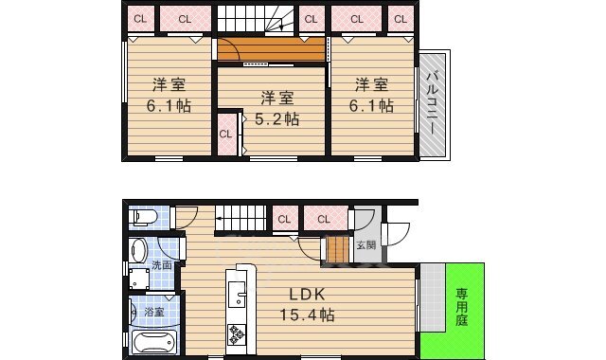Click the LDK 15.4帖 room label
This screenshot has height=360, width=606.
(307, 305)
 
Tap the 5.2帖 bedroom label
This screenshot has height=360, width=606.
(277, 119)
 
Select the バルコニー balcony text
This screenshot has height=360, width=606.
(434, 102)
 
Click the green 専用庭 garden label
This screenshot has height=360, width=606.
(462, 307)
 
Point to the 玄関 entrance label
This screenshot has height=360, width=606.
(366, 244)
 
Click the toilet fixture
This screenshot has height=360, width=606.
(143, 217)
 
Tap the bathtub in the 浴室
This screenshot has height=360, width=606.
(154, 342)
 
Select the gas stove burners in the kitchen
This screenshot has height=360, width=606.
(237, 334)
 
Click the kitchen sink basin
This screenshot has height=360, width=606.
(237, 294)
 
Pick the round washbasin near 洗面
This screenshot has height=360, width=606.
(138, 250)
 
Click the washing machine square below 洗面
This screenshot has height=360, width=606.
(139, 279)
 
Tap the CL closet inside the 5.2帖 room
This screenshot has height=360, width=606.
(226, 135)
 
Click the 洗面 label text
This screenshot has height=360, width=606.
(162, 265)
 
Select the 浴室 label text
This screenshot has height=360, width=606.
(153, 312)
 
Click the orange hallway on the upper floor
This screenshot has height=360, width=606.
(271, 49)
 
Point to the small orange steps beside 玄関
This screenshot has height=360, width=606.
(338, 248)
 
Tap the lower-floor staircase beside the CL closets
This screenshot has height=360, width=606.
(241, 219)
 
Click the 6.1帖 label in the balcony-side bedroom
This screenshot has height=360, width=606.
(371, 105)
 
